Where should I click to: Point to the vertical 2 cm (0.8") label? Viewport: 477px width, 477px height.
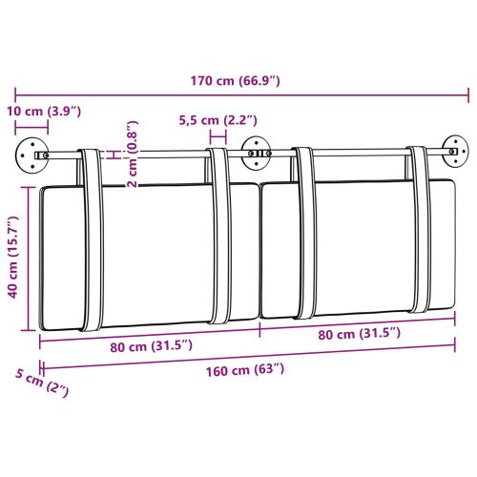tap(133, 154)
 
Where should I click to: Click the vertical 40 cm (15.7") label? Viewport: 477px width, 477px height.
tap(13, 259)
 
